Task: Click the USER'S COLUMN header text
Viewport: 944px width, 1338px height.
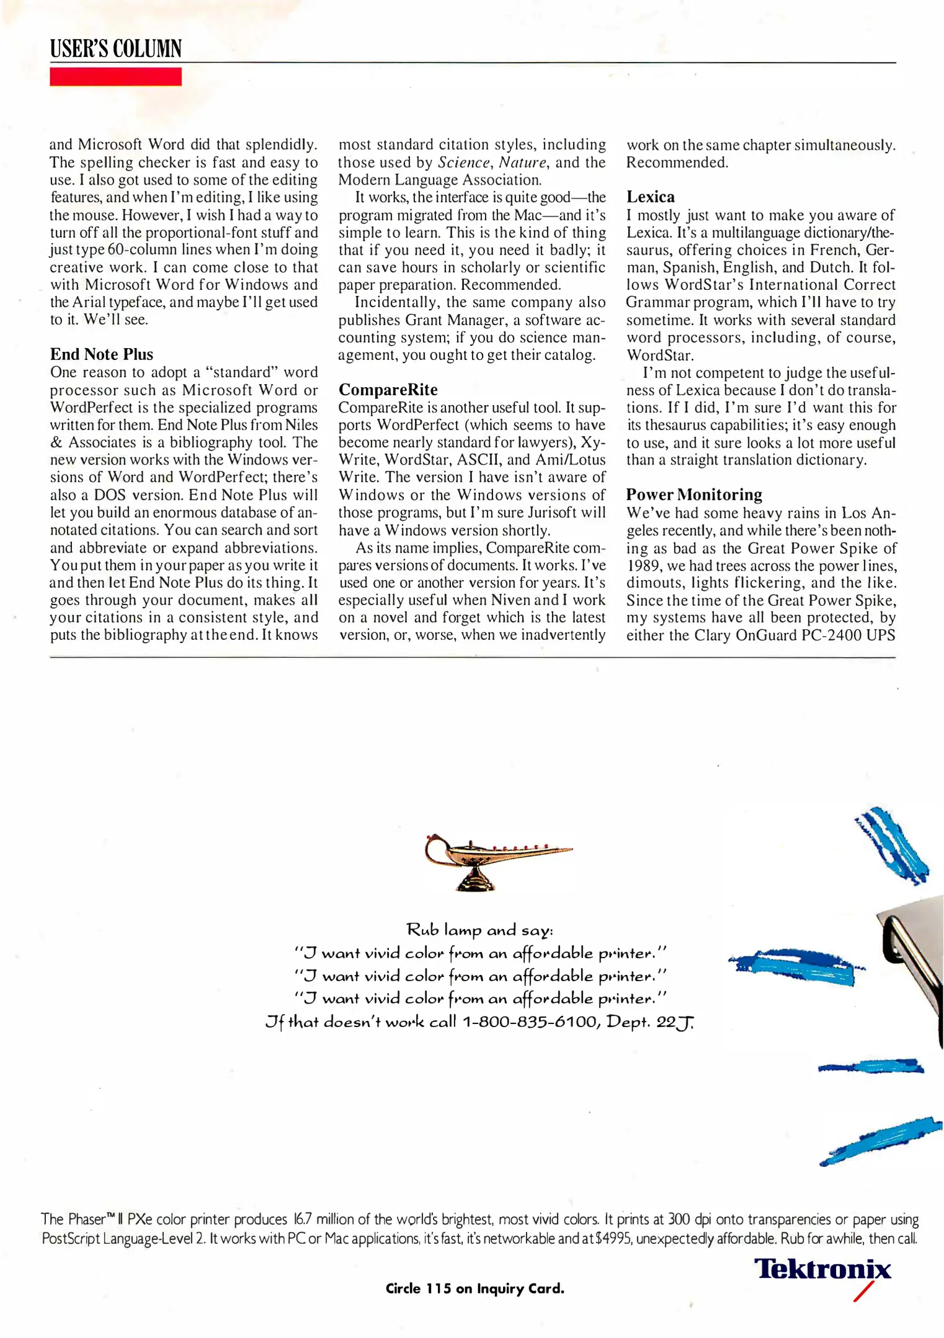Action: click(116, 48)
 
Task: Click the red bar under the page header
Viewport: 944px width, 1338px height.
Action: click(116, 77)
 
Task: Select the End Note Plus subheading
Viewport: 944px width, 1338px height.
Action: click(102, 354)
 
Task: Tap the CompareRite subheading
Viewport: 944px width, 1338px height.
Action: click(388, 390)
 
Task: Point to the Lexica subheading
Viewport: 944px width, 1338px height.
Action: click(650, 197)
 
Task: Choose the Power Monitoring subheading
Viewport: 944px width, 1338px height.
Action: click(694, 494)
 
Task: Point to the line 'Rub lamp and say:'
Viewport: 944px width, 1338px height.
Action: click(479, 930)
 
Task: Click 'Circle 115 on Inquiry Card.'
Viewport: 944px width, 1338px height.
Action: click(474, 1288)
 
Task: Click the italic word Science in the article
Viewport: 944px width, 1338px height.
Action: click(463, 162)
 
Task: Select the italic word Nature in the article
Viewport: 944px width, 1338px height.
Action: click(522, 162)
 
